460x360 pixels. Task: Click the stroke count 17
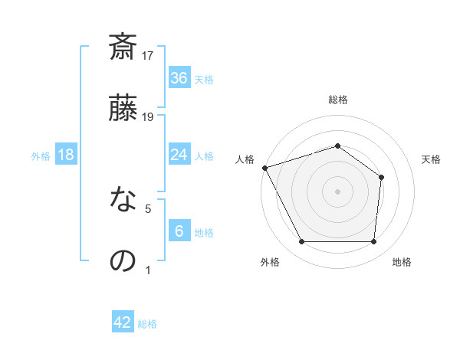pyautogui.click(x=148, y=55)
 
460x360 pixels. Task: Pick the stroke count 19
pyautogui.click(x=148, y=116)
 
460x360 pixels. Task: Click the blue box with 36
pyautogui.click(x=179, y=78)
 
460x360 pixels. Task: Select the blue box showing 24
pyautogui.click(x=179, y=155)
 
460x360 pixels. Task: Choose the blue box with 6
pyautogui.click(x=179, y=231)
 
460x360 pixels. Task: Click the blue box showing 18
pyautogui.click(x=66, y=155)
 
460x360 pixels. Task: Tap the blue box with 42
pyautogui.click(x=123, y=322)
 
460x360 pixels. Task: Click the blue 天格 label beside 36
pyautogui.click(x=203, y=79)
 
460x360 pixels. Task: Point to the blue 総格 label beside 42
pyautogui.click(x=147, y=324)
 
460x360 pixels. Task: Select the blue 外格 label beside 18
pyautogui.click(x=41, y=155)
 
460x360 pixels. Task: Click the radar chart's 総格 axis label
pyautogui.click(x=337, y=100)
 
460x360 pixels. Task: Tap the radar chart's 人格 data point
pyautogui.click(x=264, y=168)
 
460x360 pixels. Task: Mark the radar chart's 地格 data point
pyautogui.click(x=373, y=242)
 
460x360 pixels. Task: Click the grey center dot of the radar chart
pyautogui.click(x=337, y=191)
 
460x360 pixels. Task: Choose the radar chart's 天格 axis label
pyautogui.click(x=431, y=159)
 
